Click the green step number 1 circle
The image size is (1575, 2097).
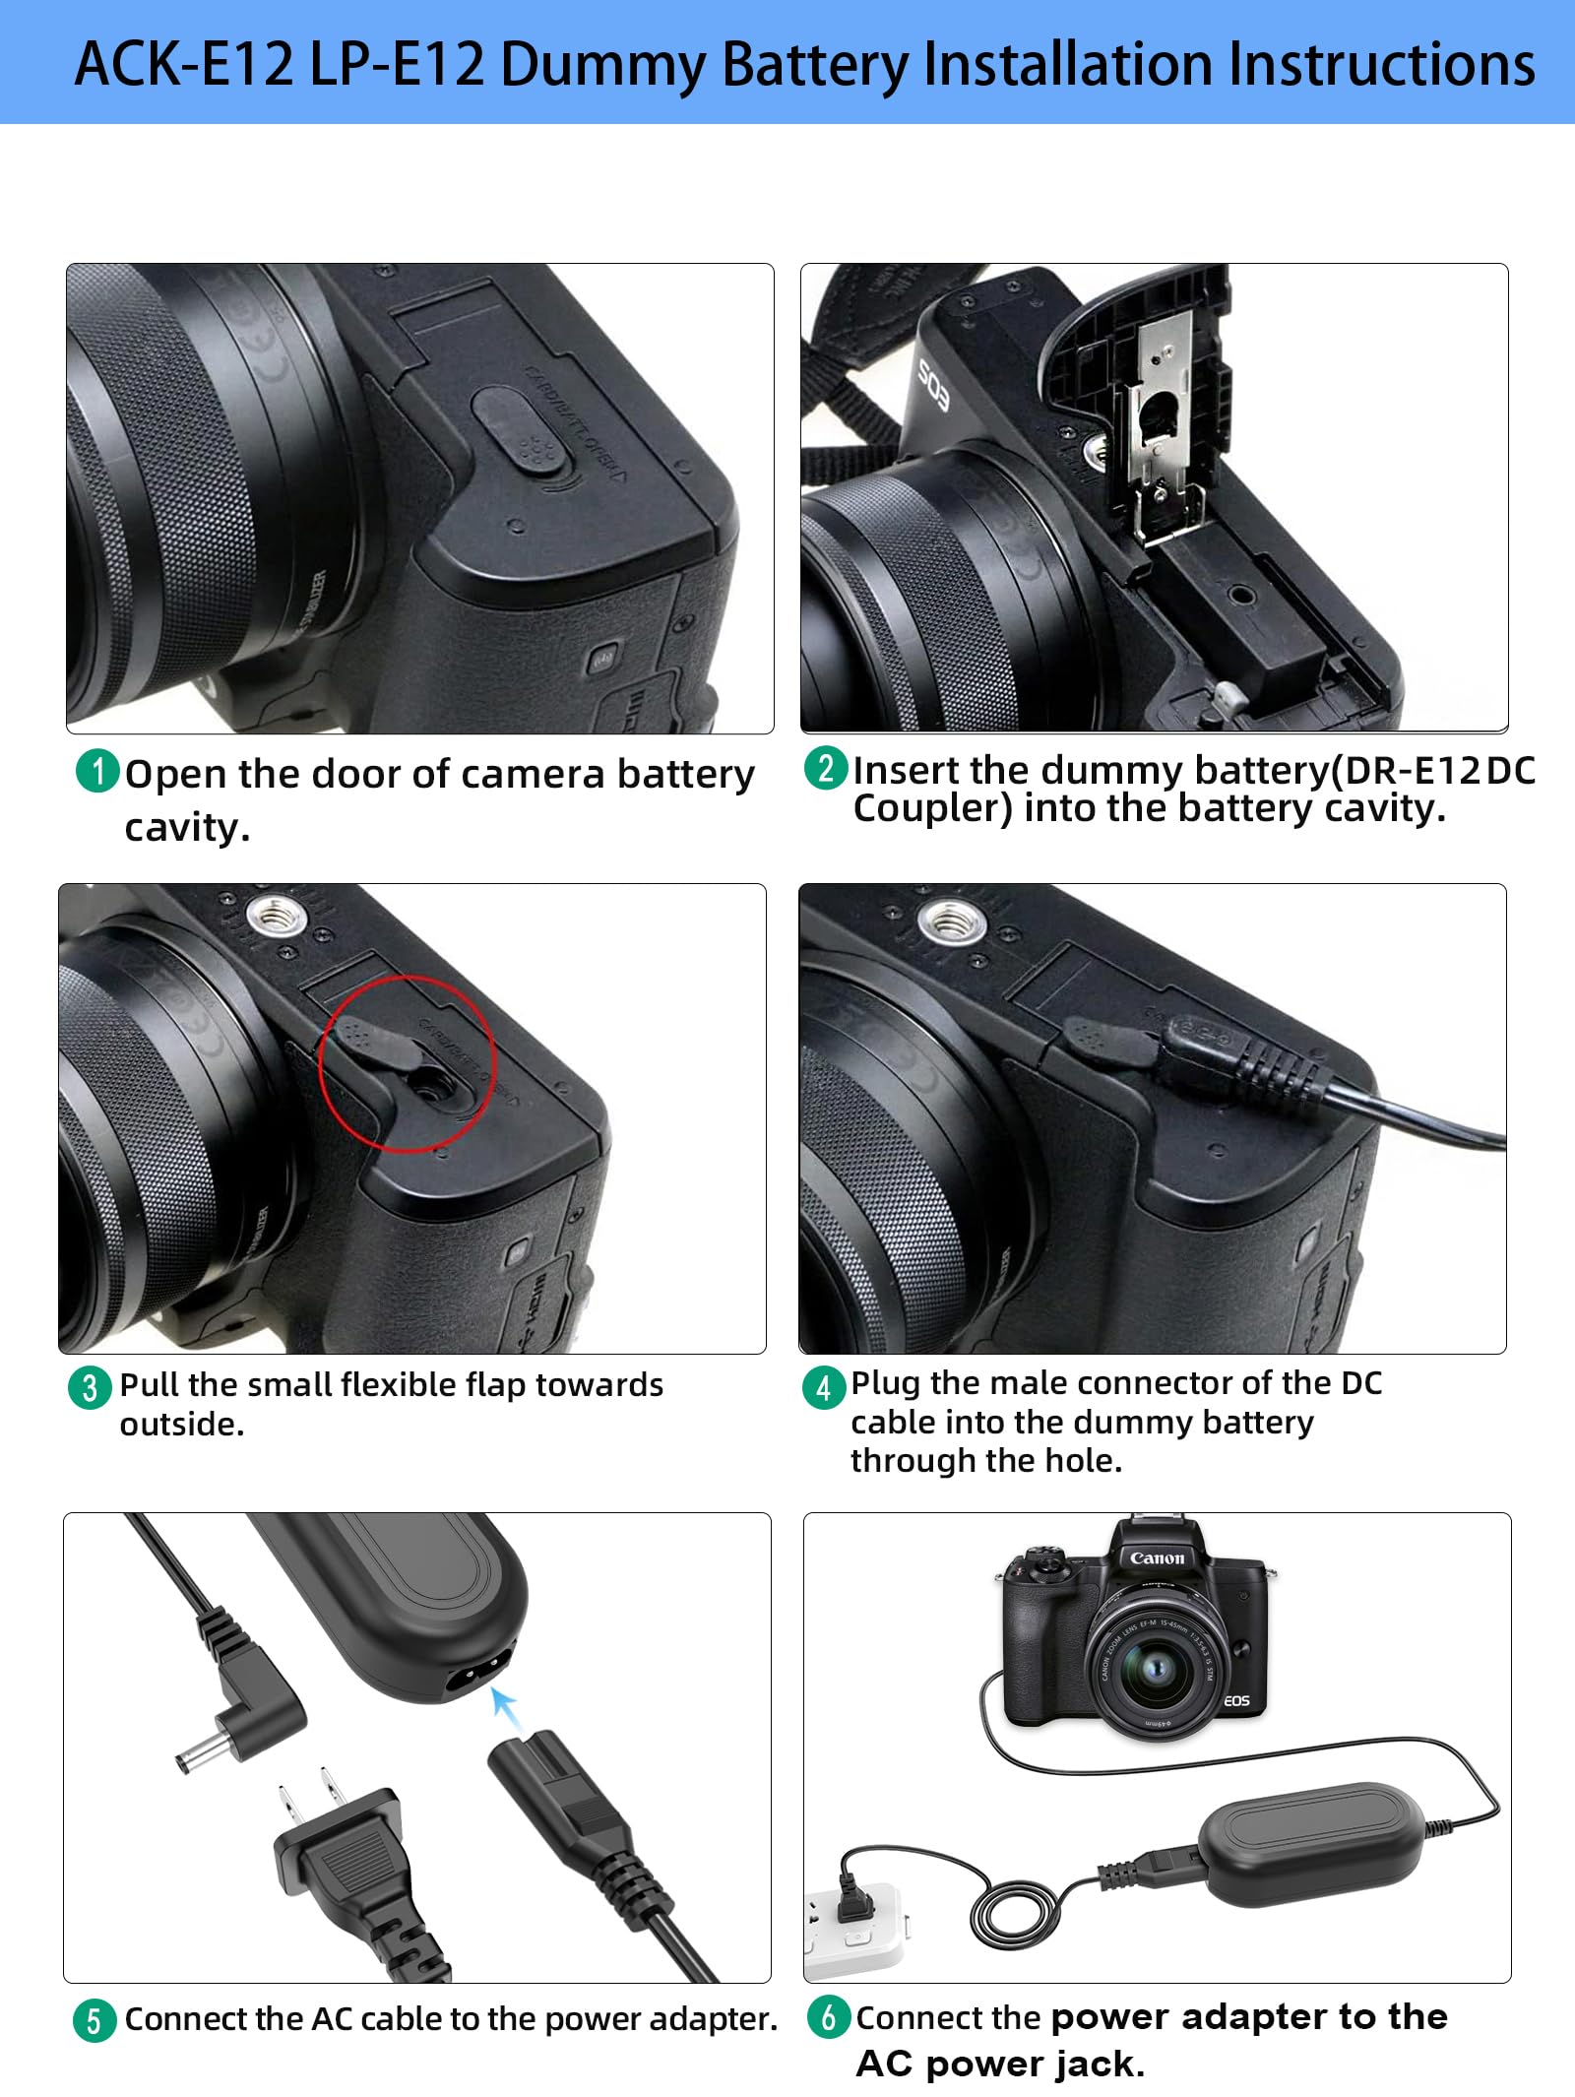click(x=96, y=771)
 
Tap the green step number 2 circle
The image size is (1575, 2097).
click(x=826, y=767)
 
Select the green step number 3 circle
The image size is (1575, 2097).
click(x=90, y=1387)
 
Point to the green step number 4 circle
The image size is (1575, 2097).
click(x=823, y=1387)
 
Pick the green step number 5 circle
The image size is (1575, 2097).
click(x=94, y=2020)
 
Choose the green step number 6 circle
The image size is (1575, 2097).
click(x=828, y=2016)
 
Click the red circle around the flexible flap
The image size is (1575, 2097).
click(x=407, y=1062)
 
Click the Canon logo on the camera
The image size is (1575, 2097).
click(x=1157, y=1557)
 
